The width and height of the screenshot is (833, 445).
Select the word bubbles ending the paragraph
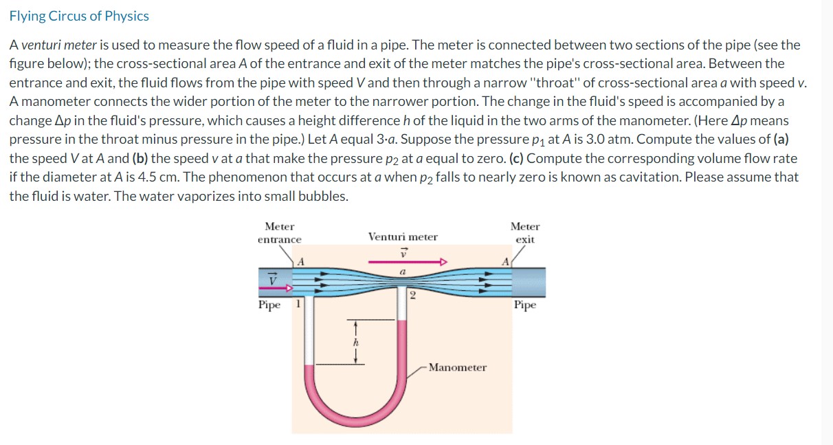(324, 195)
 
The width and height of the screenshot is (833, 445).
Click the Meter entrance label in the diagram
(279, 232)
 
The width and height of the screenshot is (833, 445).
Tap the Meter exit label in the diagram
(525, 232)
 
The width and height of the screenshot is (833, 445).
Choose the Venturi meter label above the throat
(403, 237)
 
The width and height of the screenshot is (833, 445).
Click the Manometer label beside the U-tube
(457, 367)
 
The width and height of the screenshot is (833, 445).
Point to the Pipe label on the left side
(269, 305)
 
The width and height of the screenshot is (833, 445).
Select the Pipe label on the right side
(524, 305)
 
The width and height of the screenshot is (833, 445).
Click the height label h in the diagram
(355, 340)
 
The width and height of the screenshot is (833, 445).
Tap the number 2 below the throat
(412, 296)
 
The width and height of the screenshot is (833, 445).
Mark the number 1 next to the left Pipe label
(298, 304)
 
